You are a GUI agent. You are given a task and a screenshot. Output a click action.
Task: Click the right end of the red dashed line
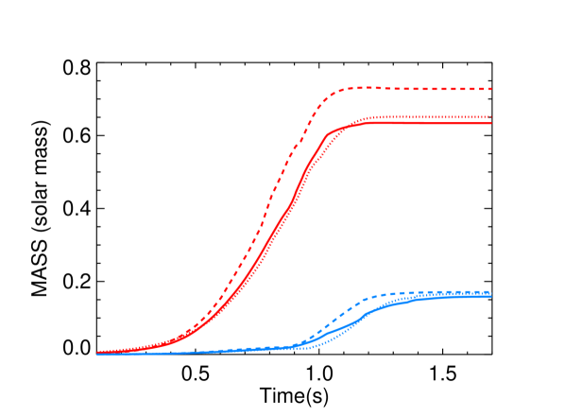[x=491, y=89]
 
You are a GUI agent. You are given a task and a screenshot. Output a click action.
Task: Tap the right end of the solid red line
[x=491, y=123]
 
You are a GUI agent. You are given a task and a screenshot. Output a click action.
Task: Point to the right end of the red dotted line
[x=491, y=117]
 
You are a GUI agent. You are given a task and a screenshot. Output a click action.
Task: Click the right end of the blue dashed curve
[x=491, y=292]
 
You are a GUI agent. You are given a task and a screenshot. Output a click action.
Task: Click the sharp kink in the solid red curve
[x=327, y=135]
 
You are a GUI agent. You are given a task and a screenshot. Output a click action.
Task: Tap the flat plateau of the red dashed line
[x=425, y=89]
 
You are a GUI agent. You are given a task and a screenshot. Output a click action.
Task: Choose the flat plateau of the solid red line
[x=425, y=123]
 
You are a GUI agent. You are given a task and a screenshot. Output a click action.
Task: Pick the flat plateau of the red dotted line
[x=425, y=117]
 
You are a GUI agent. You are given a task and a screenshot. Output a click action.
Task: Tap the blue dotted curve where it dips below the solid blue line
[x=326, y=342]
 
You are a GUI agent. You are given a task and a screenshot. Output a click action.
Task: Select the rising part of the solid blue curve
[x=354, y=321]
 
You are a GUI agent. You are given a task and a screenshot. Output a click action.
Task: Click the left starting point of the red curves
[x=98, y=353]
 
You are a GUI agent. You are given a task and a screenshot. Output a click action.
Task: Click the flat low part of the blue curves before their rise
[x=208, y=351]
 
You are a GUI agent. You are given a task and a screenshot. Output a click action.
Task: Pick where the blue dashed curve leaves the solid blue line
[x=300, y=344]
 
